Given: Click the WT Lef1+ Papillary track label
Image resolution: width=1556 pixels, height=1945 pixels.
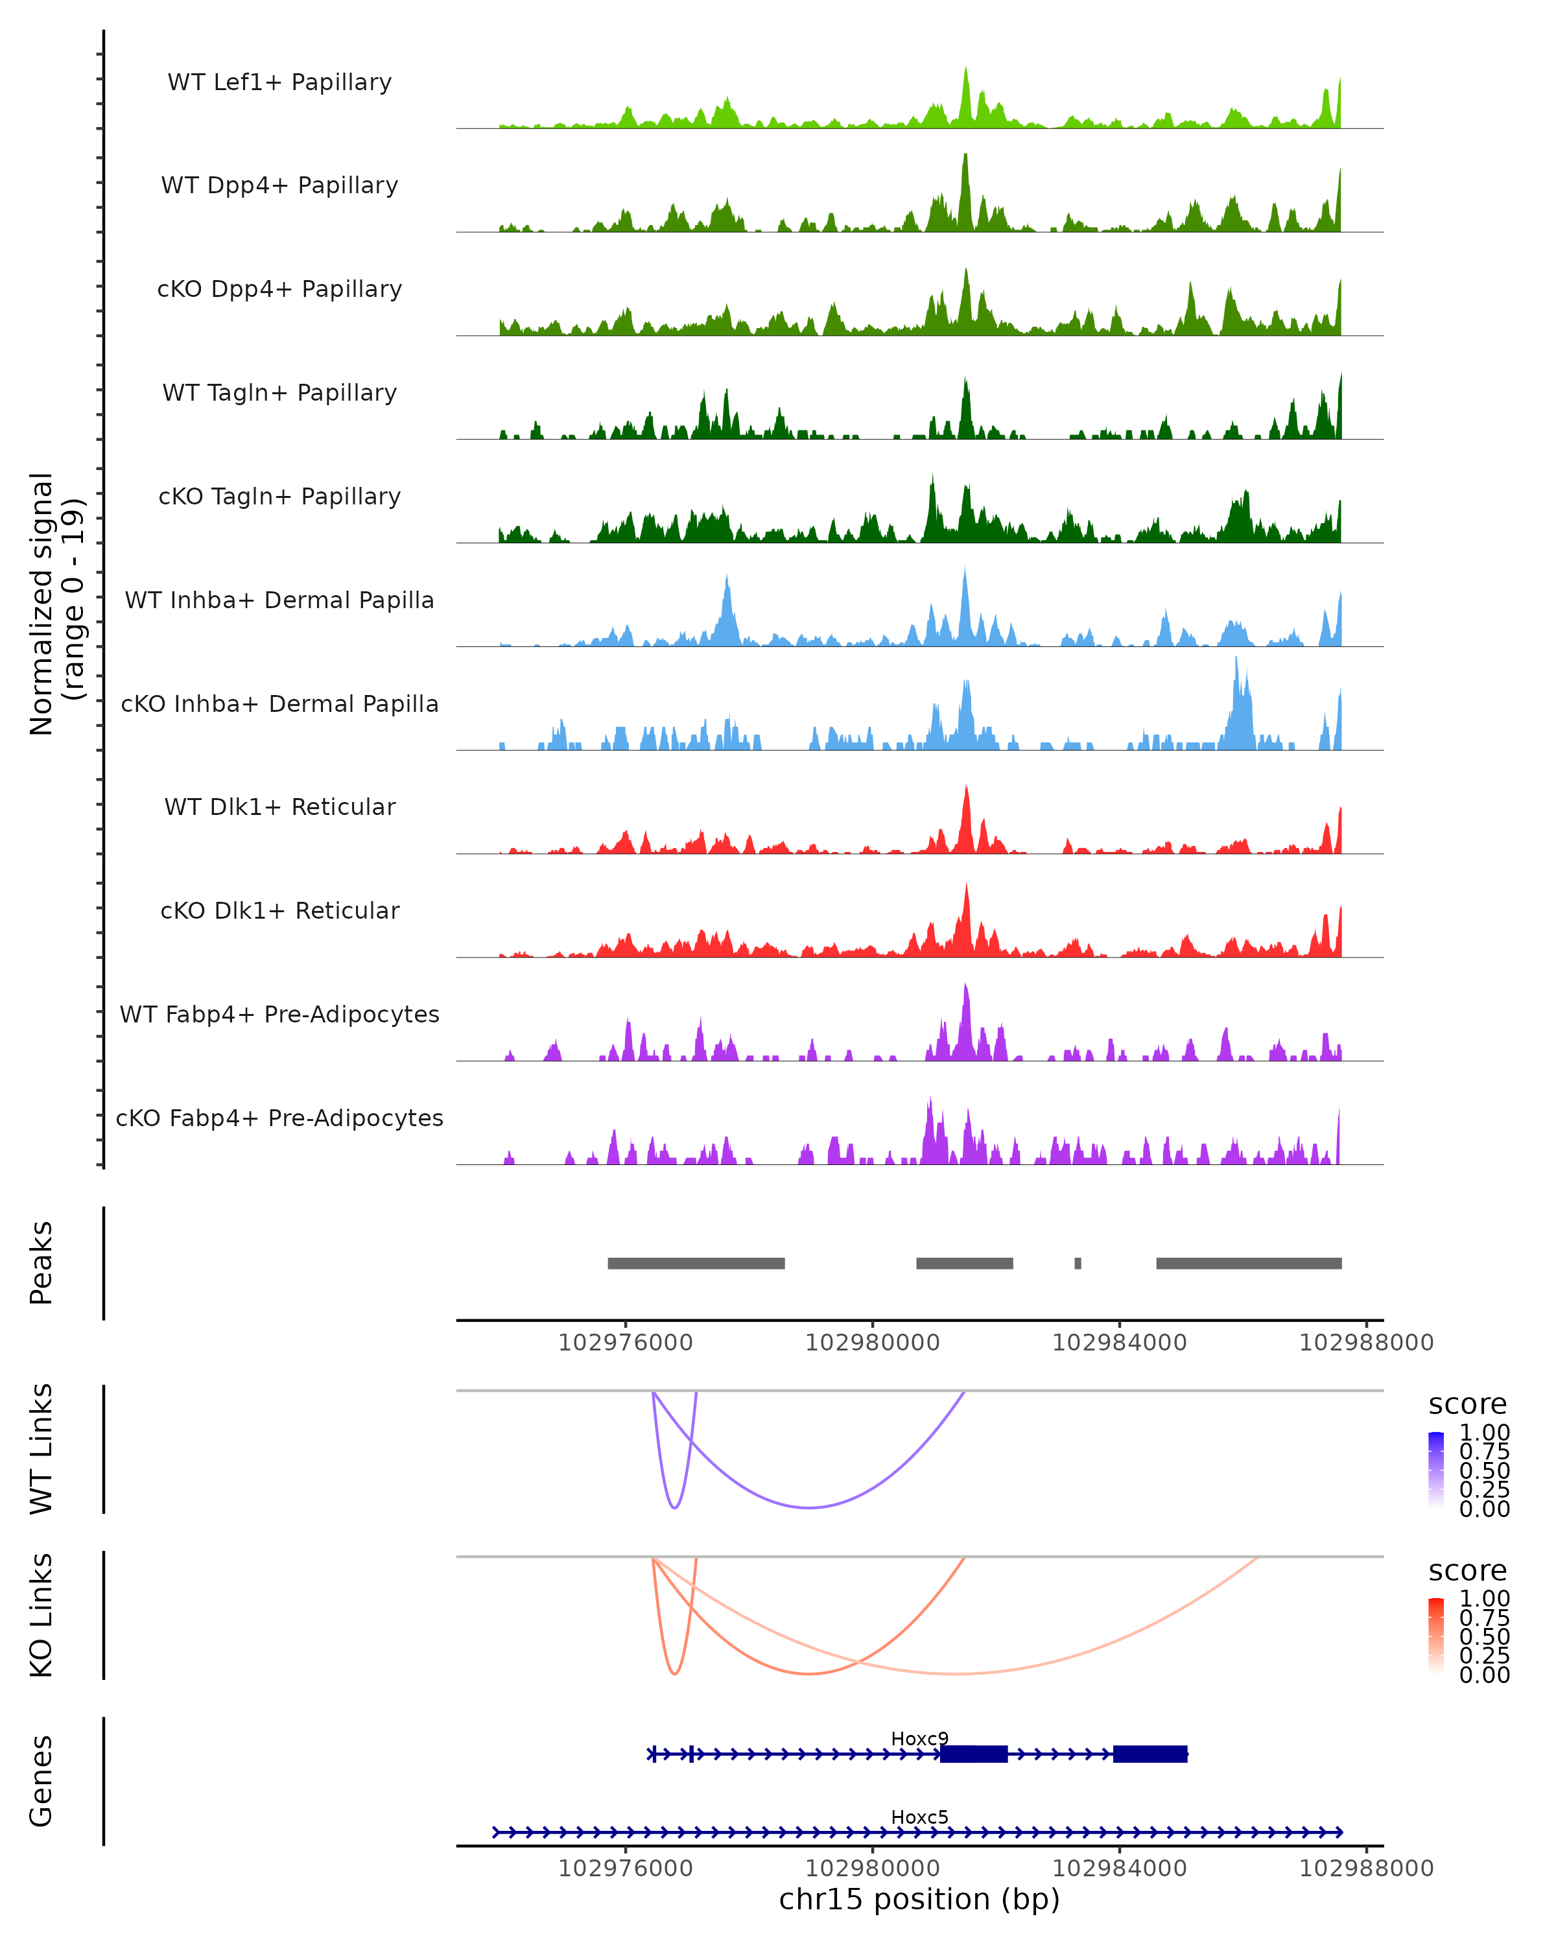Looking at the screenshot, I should click(279, 82).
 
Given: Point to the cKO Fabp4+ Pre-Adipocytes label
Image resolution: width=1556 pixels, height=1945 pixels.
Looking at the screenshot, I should click(279, 1118).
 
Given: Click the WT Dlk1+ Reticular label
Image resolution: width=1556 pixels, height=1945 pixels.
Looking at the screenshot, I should click(279, 807).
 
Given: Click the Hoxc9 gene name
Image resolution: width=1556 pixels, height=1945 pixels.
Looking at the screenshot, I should click(919, 1738).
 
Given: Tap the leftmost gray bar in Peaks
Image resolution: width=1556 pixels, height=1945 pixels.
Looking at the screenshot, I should click(696, 1263).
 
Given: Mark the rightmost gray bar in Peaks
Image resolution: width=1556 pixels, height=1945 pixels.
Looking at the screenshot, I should click(1249, 1263).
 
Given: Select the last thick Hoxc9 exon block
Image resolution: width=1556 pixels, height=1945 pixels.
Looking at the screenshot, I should click(1150, 1754).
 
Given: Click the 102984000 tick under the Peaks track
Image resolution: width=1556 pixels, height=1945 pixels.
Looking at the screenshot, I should click(1120, 1343).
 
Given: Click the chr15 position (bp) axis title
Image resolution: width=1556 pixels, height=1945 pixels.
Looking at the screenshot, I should click(919, 1899).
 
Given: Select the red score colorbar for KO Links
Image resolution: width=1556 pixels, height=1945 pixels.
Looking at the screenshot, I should click(1436, 1636).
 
